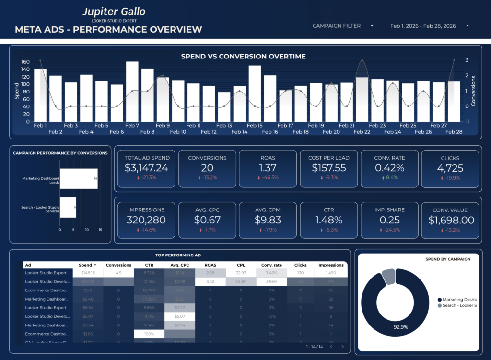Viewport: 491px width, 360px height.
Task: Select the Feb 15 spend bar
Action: pos(255,93)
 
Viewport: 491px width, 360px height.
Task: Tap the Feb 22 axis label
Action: pos(362,132)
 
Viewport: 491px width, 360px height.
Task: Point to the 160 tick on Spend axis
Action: pos(25,62)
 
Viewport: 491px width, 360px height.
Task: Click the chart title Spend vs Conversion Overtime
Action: pos(243,57)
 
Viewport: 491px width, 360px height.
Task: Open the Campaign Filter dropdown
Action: pos(343,26)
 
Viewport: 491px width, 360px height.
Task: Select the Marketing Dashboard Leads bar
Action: pos(79,179)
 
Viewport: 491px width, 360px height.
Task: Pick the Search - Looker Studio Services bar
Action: pos(68,207)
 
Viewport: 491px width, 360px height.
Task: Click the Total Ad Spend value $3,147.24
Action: pos(146,168)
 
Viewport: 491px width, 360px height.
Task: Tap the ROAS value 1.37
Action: pos(267,168)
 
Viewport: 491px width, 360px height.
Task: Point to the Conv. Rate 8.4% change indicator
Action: pos(389,178)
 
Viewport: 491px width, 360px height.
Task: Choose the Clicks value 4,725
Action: pos(450,168)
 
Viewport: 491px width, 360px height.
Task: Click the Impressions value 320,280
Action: pos(146,220)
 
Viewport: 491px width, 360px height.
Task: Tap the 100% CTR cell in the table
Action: pos(149,334)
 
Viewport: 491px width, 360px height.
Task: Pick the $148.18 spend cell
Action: pos(87,273)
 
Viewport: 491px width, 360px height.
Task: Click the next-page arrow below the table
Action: pos(342,347)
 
